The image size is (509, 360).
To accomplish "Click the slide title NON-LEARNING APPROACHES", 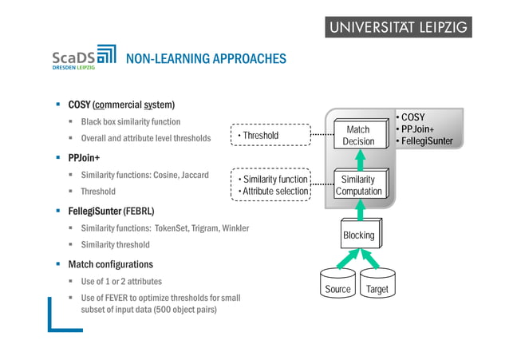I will tap(206, 58).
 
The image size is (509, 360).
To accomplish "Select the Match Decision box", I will tap(358, 136).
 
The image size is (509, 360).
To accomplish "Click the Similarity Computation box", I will tap(358, 185).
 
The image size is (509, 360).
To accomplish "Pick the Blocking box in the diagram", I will tap(358, 235).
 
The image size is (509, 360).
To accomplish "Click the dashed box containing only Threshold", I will tap(269, 136).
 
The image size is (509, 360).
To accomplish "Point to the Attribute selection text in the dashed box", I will tap(274, 192).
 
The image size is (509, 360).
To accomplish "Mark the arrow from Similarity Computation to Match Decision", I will tap(359, 160).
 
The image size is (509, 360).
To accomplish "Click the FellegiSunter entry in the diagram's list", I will tap(427, 141).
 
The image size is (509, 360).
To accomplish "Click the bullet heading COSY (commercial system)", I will tap(121, 105).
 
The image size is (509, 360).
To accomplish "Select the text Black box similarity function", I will tap(131, 122).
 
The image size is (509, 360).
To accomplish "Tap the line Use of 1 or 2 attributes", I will tap(121, 281).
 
